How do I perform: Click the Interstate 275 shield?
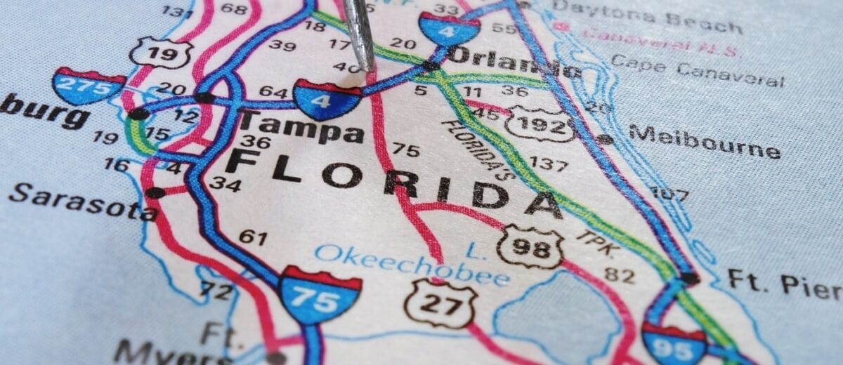point(88,86)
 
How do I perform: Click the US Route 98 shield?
point(530,246)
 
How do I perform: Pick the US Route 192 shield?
point(540,124)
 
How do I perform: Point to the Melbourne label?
point(704,141)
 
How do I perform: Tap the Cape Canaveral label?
point(696,70)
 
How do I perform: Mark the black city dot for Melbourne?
point(604,138)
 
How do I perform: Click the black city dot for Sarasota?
point(155,192)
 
